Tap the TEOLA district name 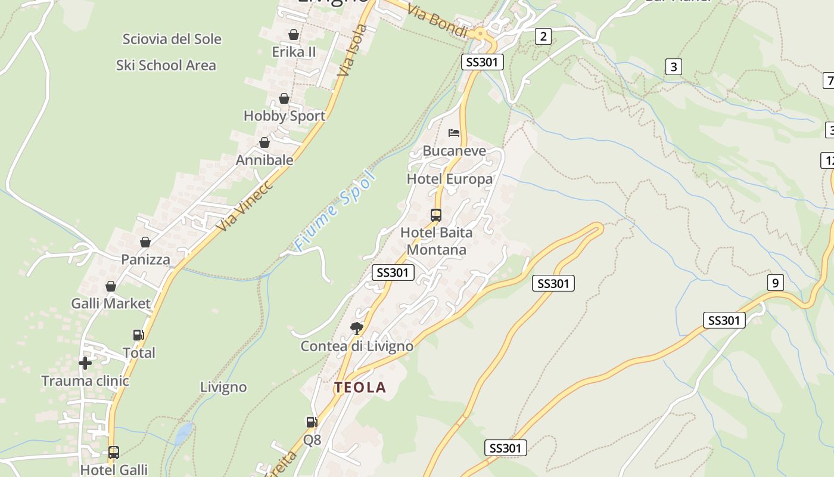click(x=360, y=388)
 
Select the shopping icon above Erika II click(x=293, y=35)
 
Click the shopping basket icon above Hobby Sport click(x=284, y=98)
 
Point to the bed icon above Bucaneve click(x=454, y=132)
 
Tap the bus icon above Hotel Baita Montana click(x=436, y=215)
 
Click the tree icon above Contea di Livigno click(x=356, y=328)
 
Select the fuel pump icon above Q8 click(x=312, y=422)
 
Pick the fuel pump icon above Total click(x=138, y=335)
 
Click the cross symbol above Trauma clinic click(x=85, y=363)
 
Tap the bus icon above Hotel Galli click(x=113, y=452)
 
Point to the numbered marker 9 click(x=775, y=283)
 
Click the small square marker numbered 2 click(x=542, y=36)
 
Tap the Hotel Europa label click(x=450, y=179)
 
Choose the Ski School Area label click(x=166, y=65)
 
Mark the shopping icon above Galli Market click(x=110, y=287)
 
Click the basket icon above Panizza click(x=145, y=242)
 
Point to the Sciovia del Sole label click(x=172, y=39)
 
